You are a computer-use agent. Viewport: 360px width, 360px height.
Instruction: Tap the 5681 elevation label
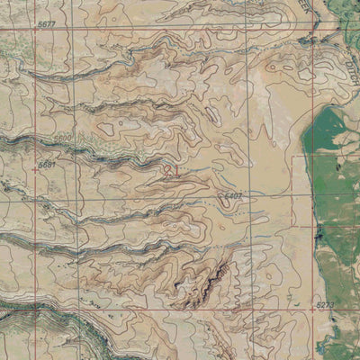tap(47, 166)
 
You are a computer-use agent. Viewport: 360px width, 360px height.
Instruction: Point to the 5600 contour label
tap(62, 137)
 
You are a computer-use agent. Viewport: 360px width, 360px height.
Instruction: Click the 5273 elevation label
tap(326, 307)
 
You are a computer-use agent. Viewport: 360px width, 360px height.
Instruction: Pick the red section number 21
tap(173, 168)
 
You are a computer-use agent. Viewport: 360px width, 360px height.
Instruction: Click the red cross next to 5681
tap(34, 167)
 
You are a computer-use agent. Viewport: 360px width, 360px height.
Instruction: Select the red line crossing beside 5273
tap(315, 307)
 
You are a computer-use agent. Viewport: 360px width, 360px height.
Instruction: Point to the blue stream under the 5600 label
tap(63, 146)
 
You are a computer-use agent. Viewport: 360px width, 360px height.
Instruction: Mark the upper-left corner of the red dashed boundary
tap(295, 157)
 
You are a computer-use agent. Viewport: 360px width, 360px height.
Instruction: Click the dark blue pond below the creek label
tap(310, 40)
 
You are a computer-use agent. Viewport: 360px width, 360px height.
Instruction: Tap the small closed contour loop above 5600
tap(108, 128)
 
